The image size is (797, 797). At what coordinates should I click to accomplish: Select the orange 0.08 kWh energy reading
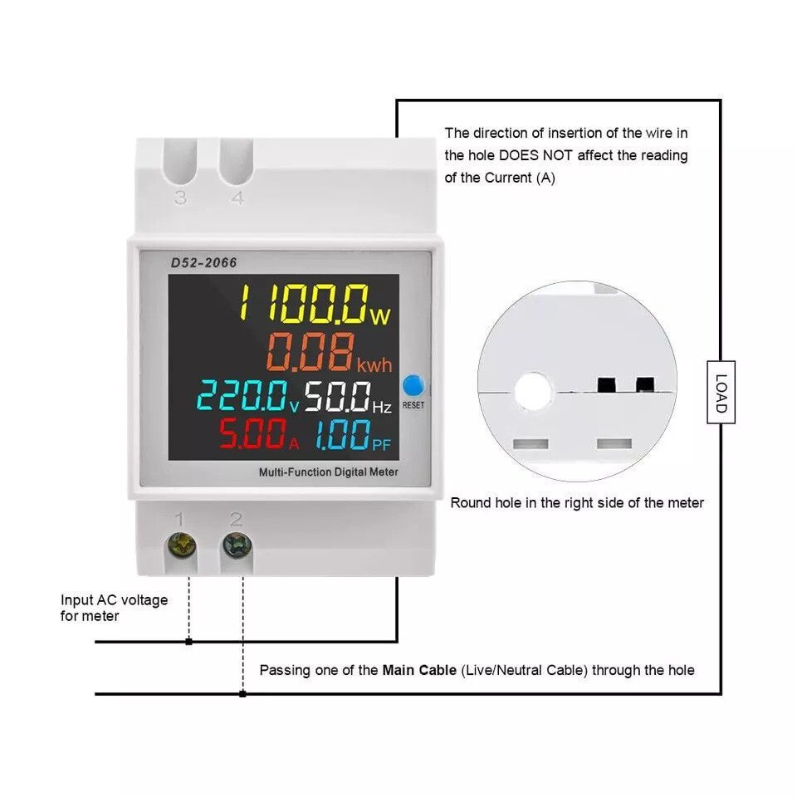(329, 352)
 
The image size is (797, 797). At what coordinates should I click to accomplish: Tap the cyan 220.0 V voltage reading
(247, 396)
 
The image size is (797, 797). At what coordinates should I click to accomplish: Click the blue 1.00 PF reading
(352, 435)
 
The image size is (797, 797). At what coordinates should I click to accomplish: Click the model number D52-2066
(203, 263)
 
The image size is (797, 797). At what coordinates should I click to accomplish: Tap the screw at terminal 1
(182, 545)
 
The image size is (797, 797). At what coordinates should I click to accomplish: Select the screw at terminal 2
(237, 545)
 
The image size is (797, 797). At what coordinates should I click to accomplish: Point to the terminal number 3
(180, 198)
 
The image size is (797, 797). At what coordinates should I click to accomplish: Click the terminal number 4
(237, 198)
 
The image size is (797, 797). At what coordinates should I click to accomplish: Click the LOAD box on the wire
(721, 392)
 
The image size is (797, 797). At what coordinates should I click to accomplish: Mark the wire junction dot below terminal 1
(189, 642)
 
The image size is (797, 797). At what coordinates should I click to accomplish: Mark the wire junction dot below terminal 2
(242, 694)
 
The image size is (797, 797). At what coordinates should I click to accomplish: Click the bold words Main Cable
(419, 670)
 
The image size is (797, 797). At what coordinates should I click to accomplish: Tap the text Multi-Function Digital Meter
(329, 472)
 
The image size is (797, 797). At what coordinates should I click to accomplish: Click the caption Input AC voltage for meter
(114, 608)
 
